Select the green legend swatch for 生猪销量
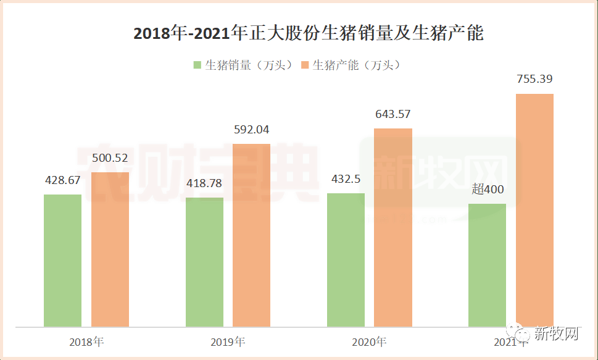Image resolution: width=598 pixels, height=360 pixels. point(197,65)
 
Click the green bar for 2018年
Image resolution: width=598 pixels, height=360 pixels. point(62,260)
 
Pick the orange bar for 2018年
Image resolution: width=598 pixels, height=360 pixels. point(110,249)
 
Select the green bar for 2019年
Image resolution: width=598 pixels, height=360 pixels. point(204,262)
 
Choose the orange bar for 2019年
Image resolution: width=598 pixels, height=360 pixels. point(251,235)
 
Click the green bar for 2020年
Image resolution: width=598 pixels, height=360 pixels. point(346,259)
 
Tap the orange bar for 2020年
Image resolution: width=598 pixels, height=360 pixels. point(393,227)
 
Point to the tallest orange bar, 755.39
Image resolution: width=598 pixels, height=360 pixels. point(534,210)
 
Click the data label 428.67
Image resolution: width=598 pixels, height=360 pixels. point(63,180)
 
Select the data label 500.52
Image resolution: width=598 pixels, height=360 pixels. point(110,158)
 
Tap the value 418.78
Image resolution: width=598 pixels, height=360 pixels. point(204,184)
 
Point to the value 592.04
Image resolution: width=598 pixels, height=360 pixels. point(251,130)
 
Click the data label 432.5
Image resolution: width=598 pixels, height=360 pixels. point(346,179)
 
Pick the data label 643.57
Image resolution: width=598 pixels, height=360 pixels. point(393,114)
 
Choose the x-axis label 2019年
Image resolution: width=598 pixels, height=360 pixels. point(228,341)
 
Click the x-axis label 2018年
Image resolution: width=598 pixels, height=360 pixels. point(86,341)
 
